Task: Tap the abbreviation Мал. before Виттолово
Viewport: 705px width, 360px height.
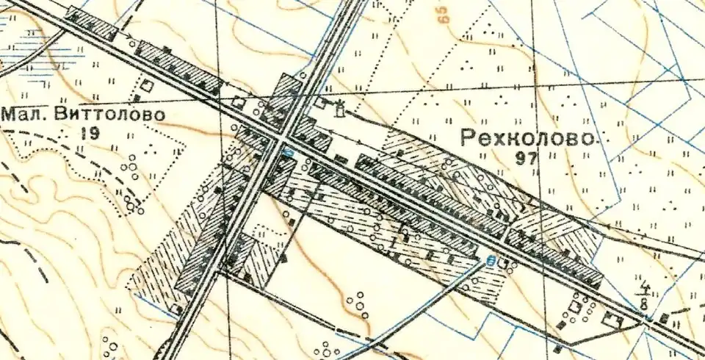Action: point(25,115)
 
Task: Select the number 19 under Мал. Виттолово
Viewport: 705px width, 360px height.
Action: point(91,132)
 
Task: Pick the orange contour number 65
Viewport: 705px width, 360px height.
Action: point(445,16)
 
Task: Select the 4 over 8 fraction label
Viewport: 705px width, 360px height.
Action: point(646,293)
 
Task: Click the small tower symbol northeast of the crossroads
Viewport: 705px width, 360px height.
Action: point(339,111)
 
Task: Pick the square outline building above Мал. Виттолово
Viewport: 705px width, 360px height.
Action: point(147,86)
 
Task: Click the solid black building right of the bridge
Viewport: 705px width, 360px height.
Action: point(664,318)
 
